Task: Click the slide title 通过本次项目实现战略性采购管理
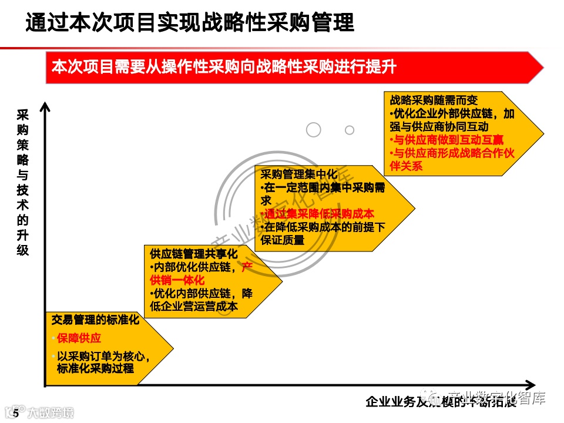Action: (190, 23)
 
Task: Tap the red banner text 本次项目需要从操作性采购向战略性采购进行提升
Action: (224, 67)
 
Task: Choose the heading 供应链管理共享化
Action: (193, 254)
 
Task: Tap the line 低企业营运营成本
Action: (193, 305)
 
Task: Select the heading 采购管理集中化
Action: (299, 174)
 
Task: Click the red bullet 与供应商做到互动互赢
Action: (446, 140)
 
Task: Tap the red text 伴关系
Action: (406, 166)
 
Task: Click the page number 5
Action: (16, 414)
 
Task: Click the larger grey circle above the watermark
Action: (314, 130)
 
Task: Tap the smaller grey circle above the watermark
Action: (350, 130)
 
